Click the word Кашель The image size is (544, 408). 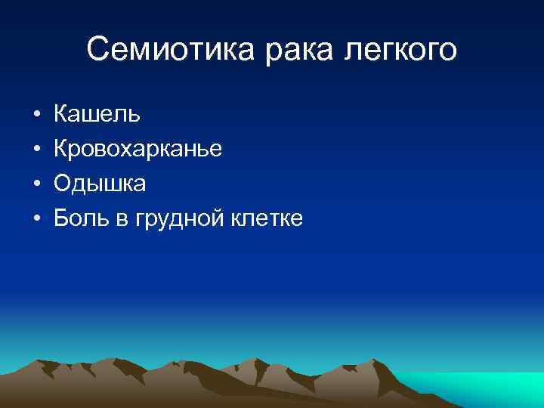[97, 115]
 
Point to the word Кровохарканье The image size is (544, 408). [138, 150]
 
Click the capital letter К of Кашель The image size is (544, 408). [61, 115]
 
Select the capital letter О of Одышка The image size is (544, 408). [63, 184]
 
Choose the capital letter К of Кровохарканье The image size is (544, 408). [61, 150]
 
